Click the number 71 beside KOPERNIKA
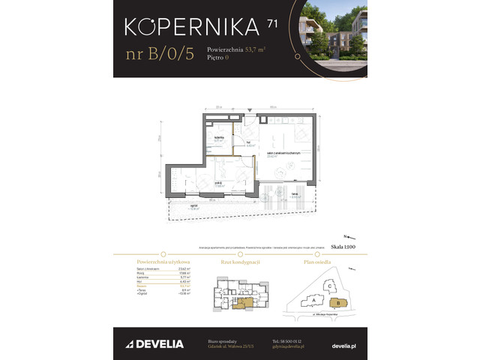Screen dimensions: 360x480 [271, 23]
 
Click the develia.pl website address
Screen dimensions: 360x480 [342, 344]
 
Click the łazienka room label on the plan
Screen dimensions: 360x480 [220, 138]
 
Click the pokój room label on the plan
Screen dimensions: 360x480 [217, 183]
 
